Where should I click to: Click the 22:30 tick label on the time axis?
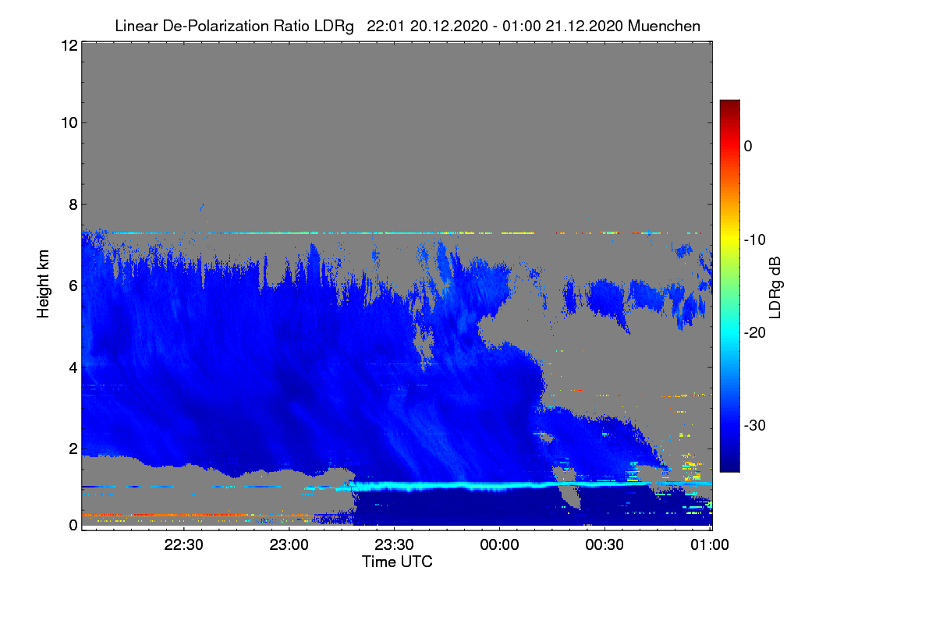pos(183,544)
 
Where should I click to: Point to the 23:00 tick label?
pos(289,544)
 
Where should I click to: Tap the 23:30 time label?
pos(394,544)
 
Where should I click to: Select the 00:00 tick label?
pos(499,544)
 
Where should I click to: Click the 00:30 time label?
pos(604,544)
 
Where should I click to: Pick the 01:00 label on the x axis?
pos(710,544)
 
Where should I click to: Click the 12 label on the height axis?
pos(69,45)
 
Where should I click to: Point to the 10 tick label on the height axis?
pos(69,123)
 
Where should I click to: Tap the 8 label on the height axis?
pos(73,204)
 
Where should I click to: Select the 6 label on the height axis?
pos(73,286)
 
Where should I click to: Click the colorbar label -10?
pos(755,240)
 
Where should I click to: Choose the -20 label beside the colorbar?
pos(755,333)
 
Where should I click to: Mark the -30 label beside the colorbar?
pos(755,425)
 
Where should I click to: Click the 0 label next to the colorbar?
pos(748,147)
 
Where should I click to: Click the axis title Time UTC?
pos(397,562)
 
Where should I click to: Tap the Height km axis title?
pos(43,284)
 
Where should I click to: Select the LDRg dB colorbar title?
pos(775,288)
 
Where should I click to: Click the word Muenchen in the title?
pos(664,26)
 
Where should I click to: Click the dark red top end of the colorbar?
pos(729,101)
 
